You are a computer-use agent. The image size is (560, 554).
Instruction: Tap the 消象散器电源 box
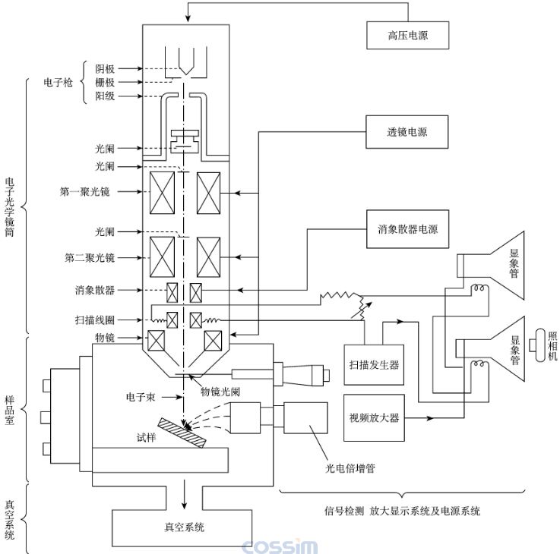point(407,228)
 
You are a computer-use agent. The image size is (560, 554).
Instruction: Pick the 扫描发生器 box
point(372,364)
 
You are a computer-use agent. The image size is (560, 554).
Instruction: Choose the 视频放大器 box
point(372,417)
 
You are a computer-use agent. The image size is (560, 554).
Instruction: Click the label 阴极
point(105,68)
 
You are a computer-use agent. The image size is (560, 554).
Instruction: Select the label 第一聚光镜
point(87,192)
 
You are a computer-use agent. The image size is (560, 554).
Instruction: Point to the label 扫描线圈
point(96,320)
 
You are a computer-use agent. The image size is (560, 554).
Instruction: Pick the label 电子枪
point(59,82)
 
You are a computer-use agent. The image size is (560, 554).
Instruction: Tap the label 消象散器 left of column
point(95,290)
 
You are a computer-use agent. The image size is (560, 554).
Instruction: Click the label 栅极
point(105,82)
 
